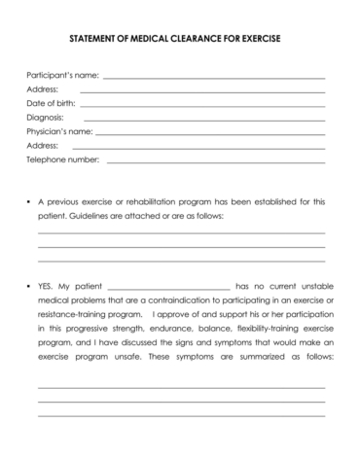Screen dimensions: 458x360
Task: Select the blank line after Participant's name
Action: pyautogui.click(x=213, y=77)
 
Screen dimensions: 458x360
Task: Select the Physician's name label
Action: pyautogui.click(x=59, y=130)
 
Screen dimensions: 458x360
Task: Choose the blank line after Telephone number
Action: pyautogui.click(x=216, y=160)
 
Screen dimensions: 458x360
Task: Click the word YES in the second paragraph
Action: pyautogui.click(x=47, y=287)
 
